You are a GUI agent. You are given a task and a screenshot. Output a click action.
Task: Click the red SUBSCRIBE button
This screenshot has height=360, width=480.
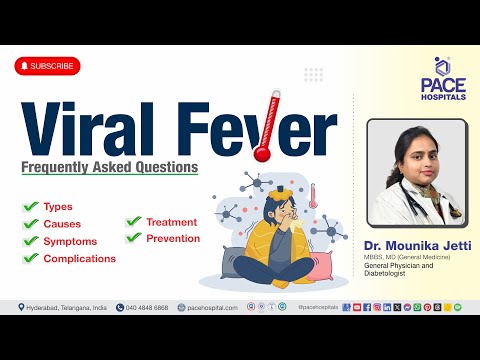46,66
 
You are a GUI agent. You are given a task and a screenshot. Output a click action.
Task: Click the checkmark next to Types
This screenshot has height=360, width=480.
30,206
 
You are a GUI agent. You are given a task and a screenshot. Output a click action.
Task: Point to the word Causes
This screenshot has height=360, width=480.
62,224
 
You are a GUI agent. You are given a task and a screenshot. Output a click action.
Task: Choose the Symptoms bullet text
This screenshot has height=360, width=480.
70,241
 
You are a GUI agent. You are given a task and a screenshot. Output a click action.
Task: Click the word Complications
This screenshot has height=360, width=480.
79,258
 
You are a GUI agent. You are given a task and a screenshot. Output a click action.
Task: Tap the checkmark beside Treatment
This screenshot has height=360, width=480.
132,221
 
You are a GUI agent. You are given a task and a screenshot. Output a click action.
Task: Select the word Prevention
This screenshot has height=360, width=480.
173,238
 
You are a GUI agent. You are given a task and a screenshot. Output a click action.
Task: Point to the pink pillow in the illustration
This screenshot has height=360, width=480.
317,265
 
